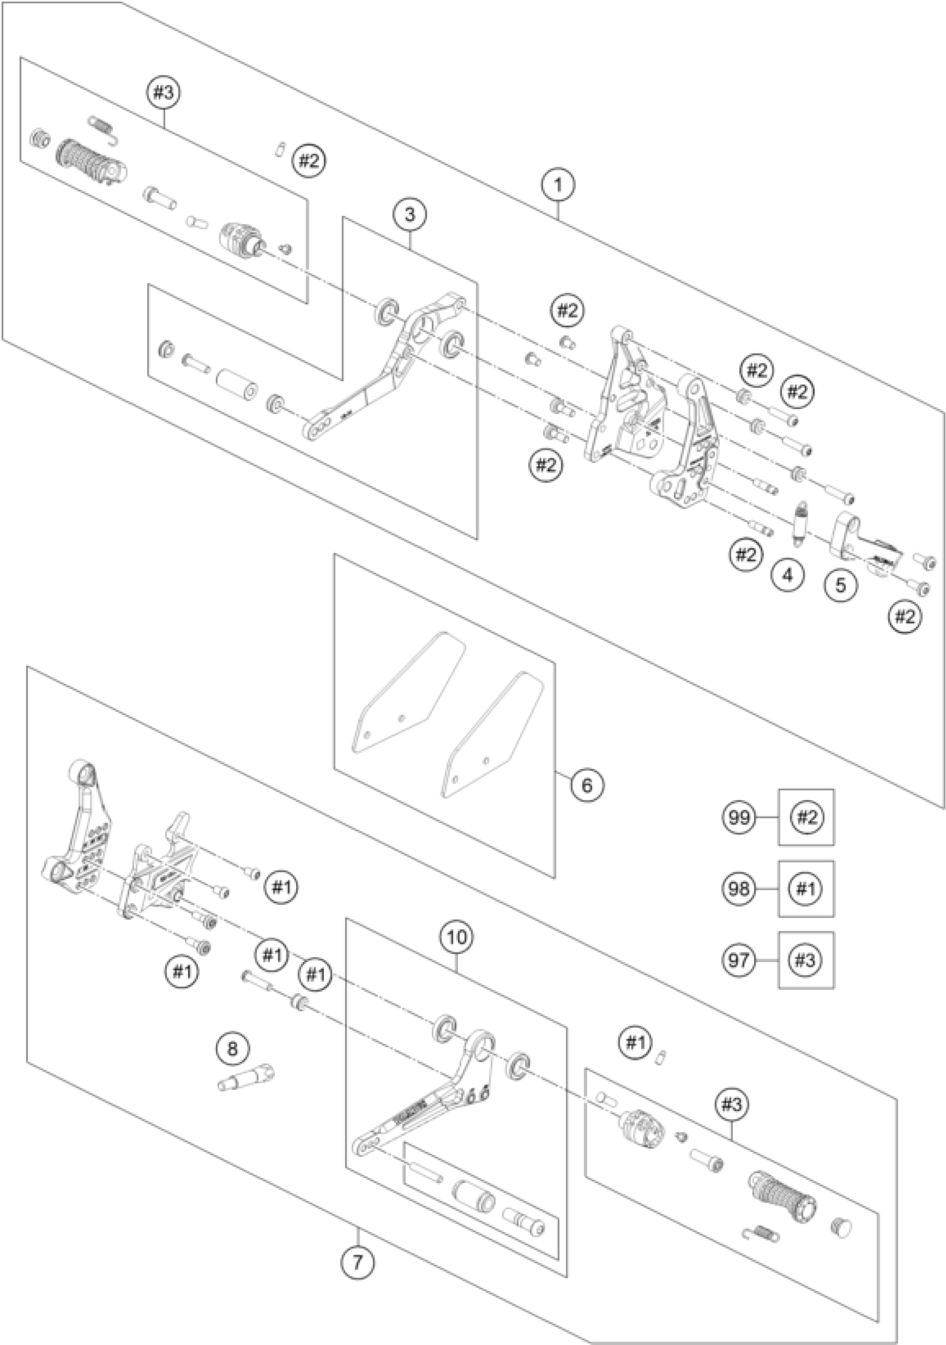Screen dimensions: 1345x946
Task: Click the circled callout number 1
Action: click(558, 185)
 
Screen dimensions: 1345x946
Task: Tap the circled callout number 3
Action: click(410, 214)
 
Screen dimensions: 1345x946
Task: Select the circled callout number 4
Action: click(788, 575)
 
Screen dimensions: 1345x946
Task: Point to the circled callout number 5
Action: click(841, 585)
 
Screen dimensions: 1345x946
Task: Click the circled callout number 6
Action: click(587, 785)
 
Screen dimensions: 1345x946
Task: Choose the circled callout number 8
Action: click(233, 1048)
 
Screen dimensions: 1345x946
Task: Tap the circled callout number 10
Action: click(457, 937)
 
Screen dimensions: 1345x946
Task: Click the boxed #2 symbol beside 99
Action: click(806, 817)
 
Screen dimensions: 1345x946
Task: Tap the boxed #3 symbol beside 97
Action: click(806, 960)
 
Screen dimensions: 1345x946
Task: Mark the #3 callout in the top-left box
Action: click(164, 93)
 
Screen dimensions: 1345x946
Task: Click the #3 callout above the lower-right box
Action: click(732, 1104)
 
